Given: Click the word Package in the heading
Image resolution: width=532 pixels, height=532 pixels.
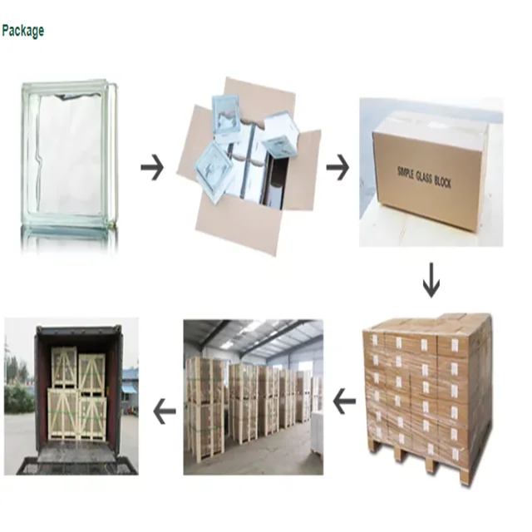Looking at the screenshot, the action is click(x=22, y=31).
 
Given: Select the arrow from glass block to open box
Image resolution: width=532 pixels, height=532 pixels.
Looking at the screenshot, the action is click(x=151, y=169).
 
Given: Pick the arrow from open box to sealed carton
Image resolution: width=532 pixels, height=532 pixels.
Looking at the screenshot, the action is click(x=337, y=169).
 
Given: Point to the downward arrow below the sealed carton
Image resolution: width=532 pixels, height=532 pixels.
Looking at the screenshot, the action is click(x=431, y=283).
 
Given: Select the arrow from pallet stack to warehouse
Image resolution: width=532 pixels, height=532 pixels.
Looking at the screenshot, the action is click(x=343, y=403).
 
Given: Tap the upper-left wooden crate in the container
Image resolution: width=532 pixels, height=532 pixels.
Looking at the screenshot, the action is click(x=64, y=366).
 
